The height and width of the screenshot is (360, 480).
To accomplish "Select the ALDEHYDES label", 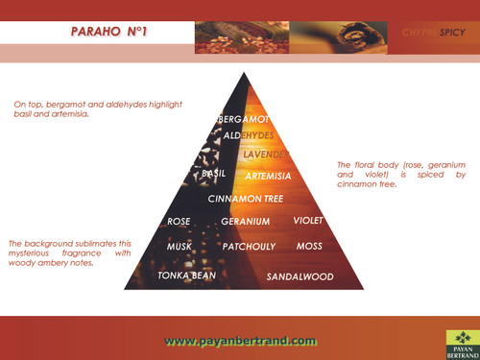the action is [x=249, y=135].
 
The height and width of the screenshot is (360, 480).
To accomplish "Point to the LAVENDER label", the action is [x=266, y=154].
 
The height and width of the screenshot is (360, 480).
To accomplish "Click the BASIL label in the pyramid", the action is [x=213, y=174].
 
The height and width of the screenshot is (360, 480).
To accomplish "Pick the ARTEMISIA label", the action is [x=268, y=177].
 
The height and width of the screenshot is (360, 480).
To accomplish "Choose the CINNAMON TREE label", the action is [x=246, y=199].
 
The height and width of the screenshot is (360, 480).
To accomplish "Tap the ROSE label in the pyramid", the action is [x=179, y=222].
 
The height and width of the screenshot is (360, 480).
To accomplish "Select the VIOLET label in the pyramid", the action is [x=309, y=221].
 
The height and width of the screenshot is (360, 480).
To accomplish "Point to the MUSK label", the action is [x=179, y=247].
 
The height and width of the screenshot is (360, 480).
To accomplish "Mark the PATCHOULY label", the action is [x=249, y=247].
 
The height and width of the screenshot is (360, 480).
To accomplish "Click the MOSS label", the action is [x=309, y=247].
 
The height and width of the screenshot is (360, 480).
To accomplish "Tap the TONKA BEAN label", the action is [x=186, y=275].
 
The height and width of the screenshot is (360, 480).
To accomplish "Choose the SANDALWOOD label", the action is [x=300, y=277].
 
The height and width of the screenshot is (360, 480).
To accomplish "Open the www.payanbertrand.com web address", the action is [x=240, y=341].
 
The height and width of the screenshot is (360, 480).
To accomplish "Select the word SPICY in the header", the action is [x=453, y=33].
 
